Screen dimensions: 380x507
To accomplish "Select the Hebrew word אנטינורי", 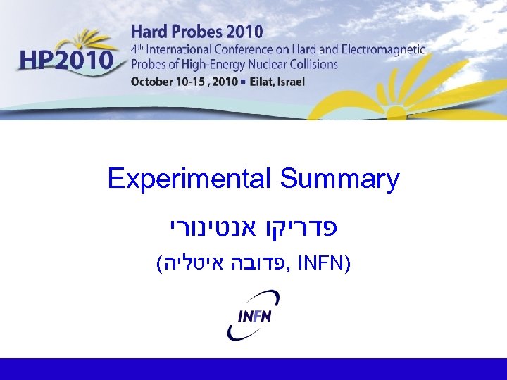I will tap(208, 229).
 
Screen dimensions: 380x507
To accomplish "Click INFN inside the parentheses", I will tap(320, 265).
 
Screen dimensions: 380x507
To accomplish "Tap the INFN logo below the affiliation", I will tap(254, 314).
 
